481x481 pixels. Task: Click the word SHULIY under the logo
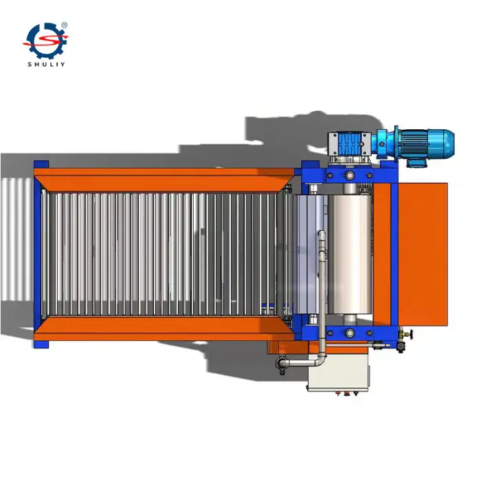pyautogui.click(x=46, y=65)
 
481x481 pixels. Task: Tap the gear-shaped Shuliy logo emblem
pyautogui.click(x=45, y=40)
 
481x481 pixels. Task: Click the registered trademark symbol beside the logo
pyautogui.click(x=65, y=25)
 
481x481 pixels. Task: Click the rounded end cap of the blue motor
pyautogui.click(x=449, y=143)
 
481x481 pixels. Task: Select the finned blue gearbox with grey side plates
pyautogui.click(x=349, y=144)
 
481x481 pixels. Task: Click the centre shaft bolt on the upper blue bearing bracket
pyautogui.click(x=350, y=175)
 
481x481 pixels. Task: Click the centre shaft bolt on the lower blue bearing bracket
pyautogui.click(x=350, y=333)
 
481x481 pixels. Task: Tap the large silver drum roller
pyautogui.click(x=350, y=254)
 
